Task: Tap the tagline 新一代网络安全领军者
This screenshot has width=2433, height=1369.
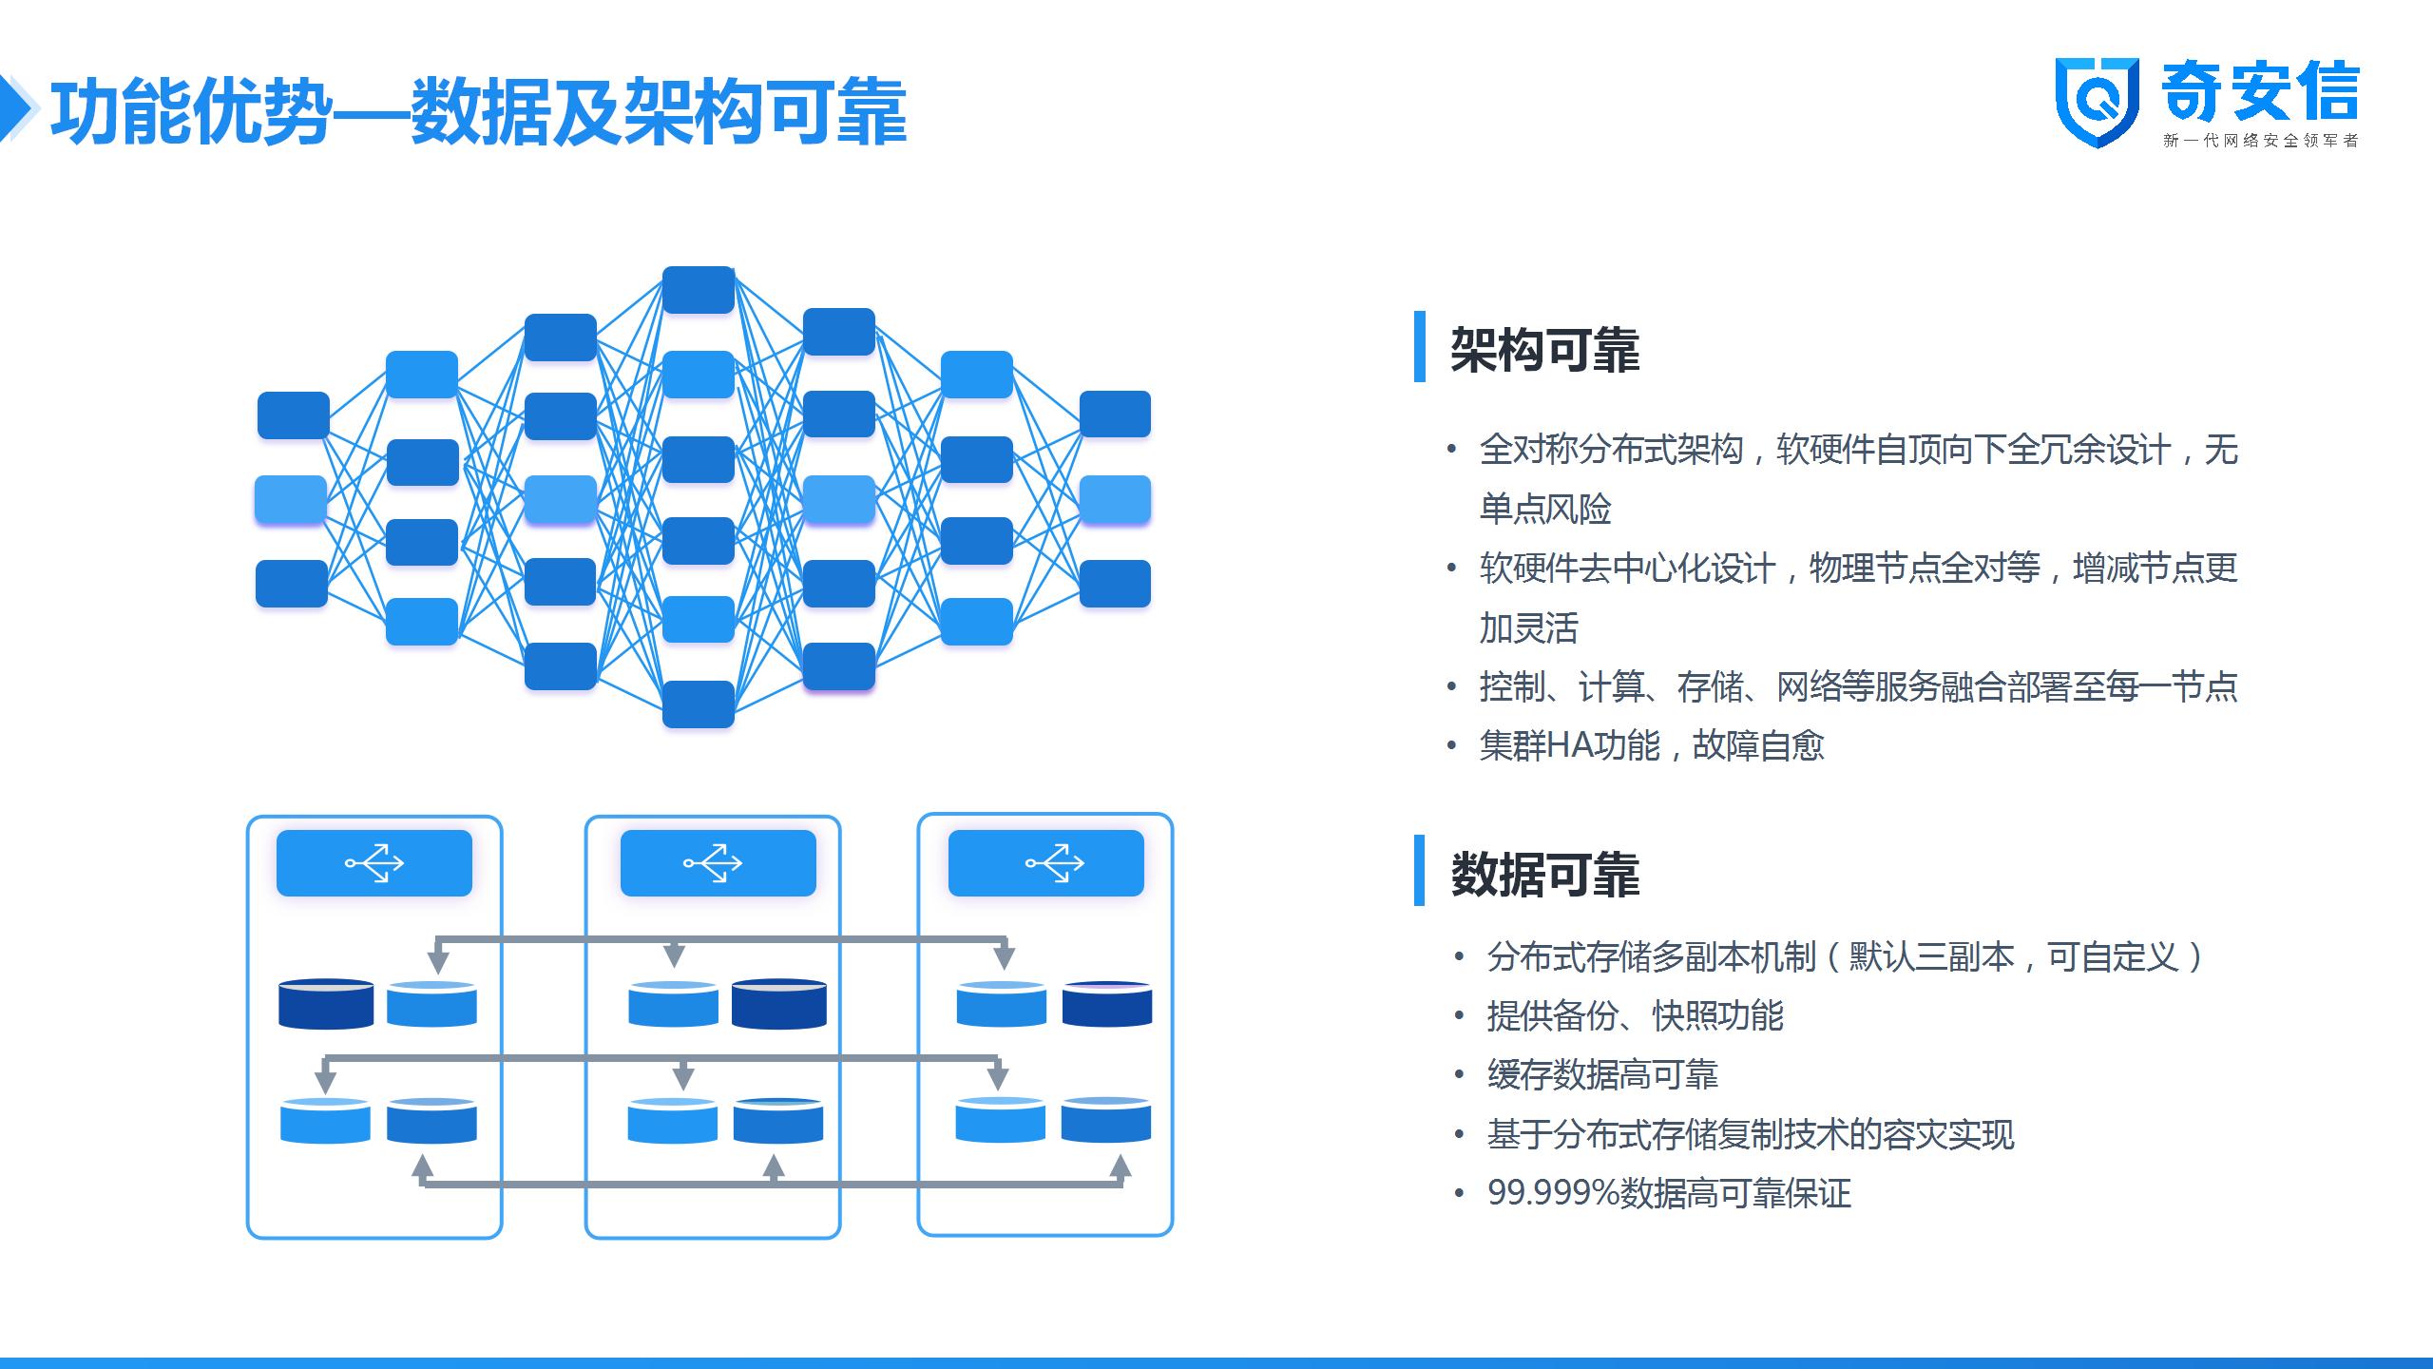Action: [x=2261, y=141]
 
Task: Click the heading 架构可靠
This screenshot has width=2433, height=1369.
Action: [x=1544, y=350]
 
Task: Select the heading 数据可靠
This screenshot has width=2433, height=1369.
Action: [x=1544, y=875]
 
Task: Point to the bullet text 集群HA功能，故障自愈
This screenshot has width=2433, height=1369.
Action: [x=1652, y=745]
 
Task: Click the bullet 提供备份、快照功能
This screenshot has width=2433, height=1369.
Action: [x=1635, y=1016]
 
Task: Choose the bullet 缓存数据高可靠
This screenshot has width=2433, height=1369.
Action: [x=1602, y=1075]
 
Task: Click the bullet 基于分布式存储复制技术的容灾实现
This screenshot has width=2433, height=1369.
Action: [x=1751, y=1134]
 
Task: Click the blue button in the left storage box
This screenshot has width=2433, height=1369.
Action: [x=374, y=863]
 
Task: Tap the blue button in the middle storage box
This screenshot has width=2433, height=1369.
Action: [x=718, y=863]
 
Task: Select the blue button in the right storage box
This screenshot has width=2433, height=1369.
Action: [x=1045, y=863]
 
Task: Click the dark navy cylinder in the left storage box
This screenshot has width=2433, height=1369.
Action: [x=326, y=1004]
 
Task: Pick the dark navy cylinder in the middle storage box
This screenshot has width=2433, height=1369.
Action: [x=779, y=1004]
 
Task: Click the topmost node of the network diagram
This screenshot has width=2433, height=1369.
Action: [x=699, y=290]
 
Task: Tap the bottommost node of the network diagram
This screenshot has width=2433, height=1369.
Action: [x=699, y=704]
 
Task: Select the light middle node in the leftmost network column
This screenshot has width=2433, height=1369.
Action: [x=291, y=499]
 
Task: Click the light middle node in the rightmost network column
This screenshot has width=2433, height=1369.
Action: [x=1115, y=499]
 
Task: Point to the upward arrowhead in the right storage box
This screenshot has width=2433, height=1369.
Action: [x=1121, y=1167]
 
